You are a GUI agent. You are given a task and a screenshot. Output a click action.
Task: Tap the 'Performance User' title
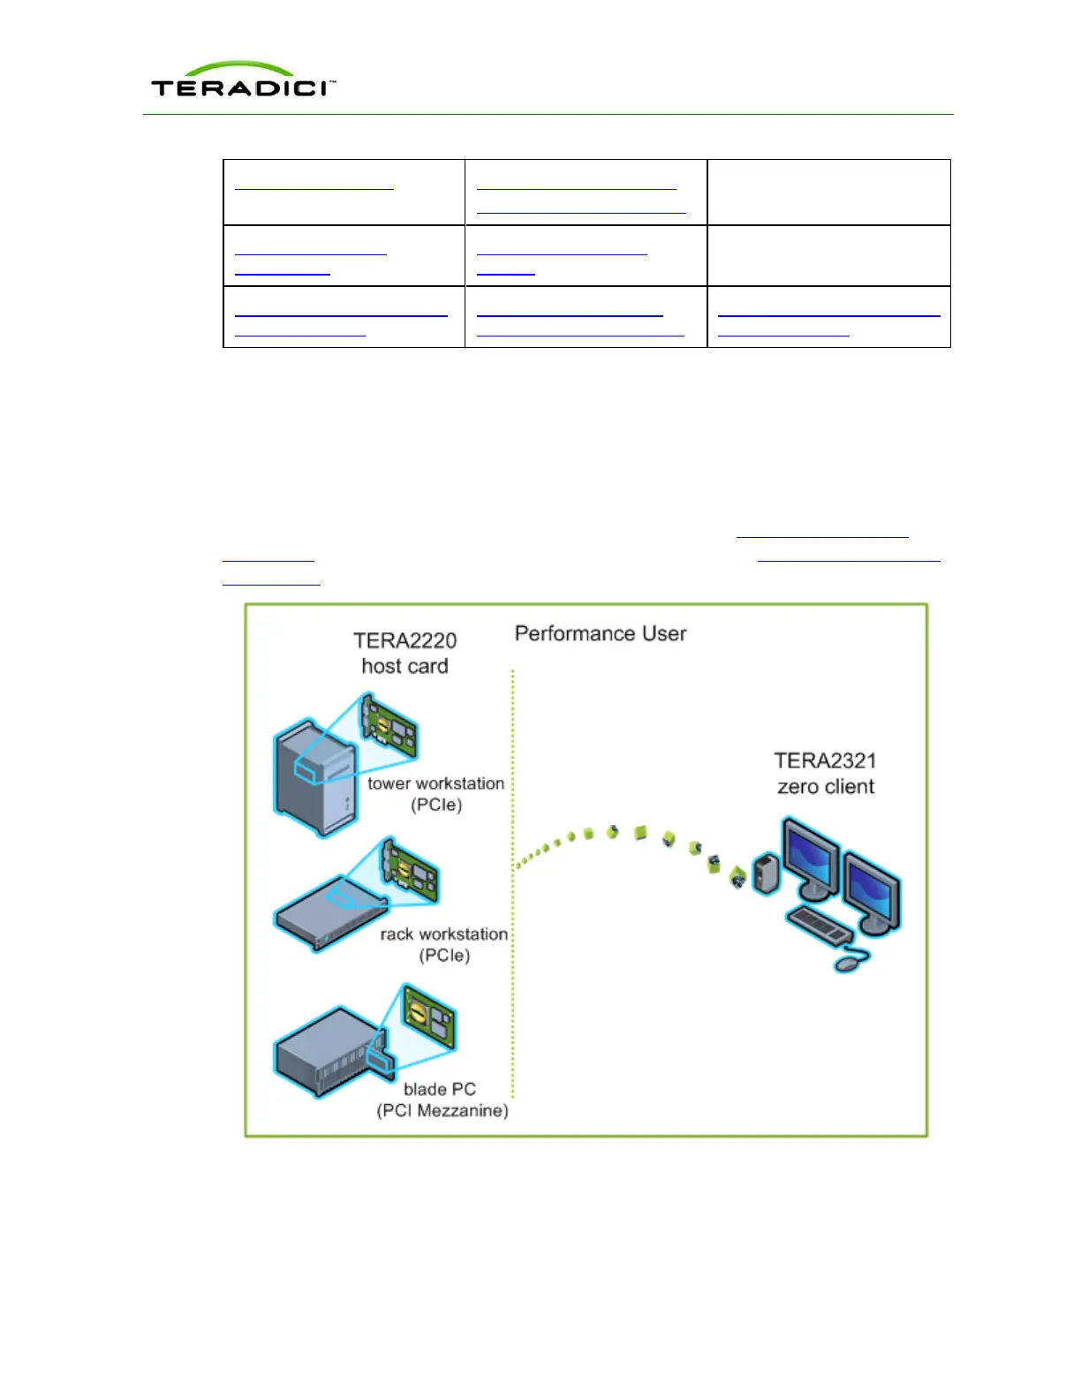[x=601, y=633]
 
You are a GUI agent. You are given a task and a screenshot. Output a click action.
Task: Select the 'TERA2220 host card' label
[x=404, y=653]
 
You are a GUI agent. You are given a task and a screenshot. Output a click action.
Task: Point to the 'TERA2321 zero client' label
[x=826, y=773]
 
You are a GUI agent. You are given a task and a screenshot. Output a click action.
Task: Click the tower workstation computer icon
[x=315, y=777]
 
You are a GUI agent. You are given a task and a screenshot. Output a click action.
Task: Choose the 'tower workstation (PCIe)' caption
[x=436, y=793]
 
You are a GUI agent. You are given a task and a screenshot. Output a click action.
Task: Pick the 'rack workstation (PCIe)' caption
[x=444, y=944]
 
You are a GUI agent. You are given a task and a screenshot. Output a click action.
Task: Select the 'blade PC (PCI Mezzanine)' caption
[x=442, y=1100]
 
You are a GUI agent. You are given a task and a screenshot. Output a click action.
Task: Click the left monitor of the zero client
[x=810, y=857]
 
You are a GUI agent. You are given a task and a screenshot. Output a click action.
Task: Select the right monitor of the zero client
[x=872, y=888]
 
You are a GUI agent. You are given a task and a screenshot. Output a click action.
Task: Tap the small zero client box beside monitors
[x=766, y=873]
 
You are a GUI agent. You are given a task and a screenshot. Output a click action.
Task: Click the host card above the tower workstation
[x=389, y=729]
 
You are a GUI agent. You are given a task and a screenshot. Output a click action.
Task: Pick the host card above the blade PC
[x=429, y=1016]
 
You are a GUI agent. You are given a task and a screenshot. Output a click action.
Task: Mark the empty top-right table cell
[x=828, y=192]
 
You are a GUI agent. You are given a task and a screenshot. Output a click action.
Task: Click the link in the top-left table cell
[x=314, y=187]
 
